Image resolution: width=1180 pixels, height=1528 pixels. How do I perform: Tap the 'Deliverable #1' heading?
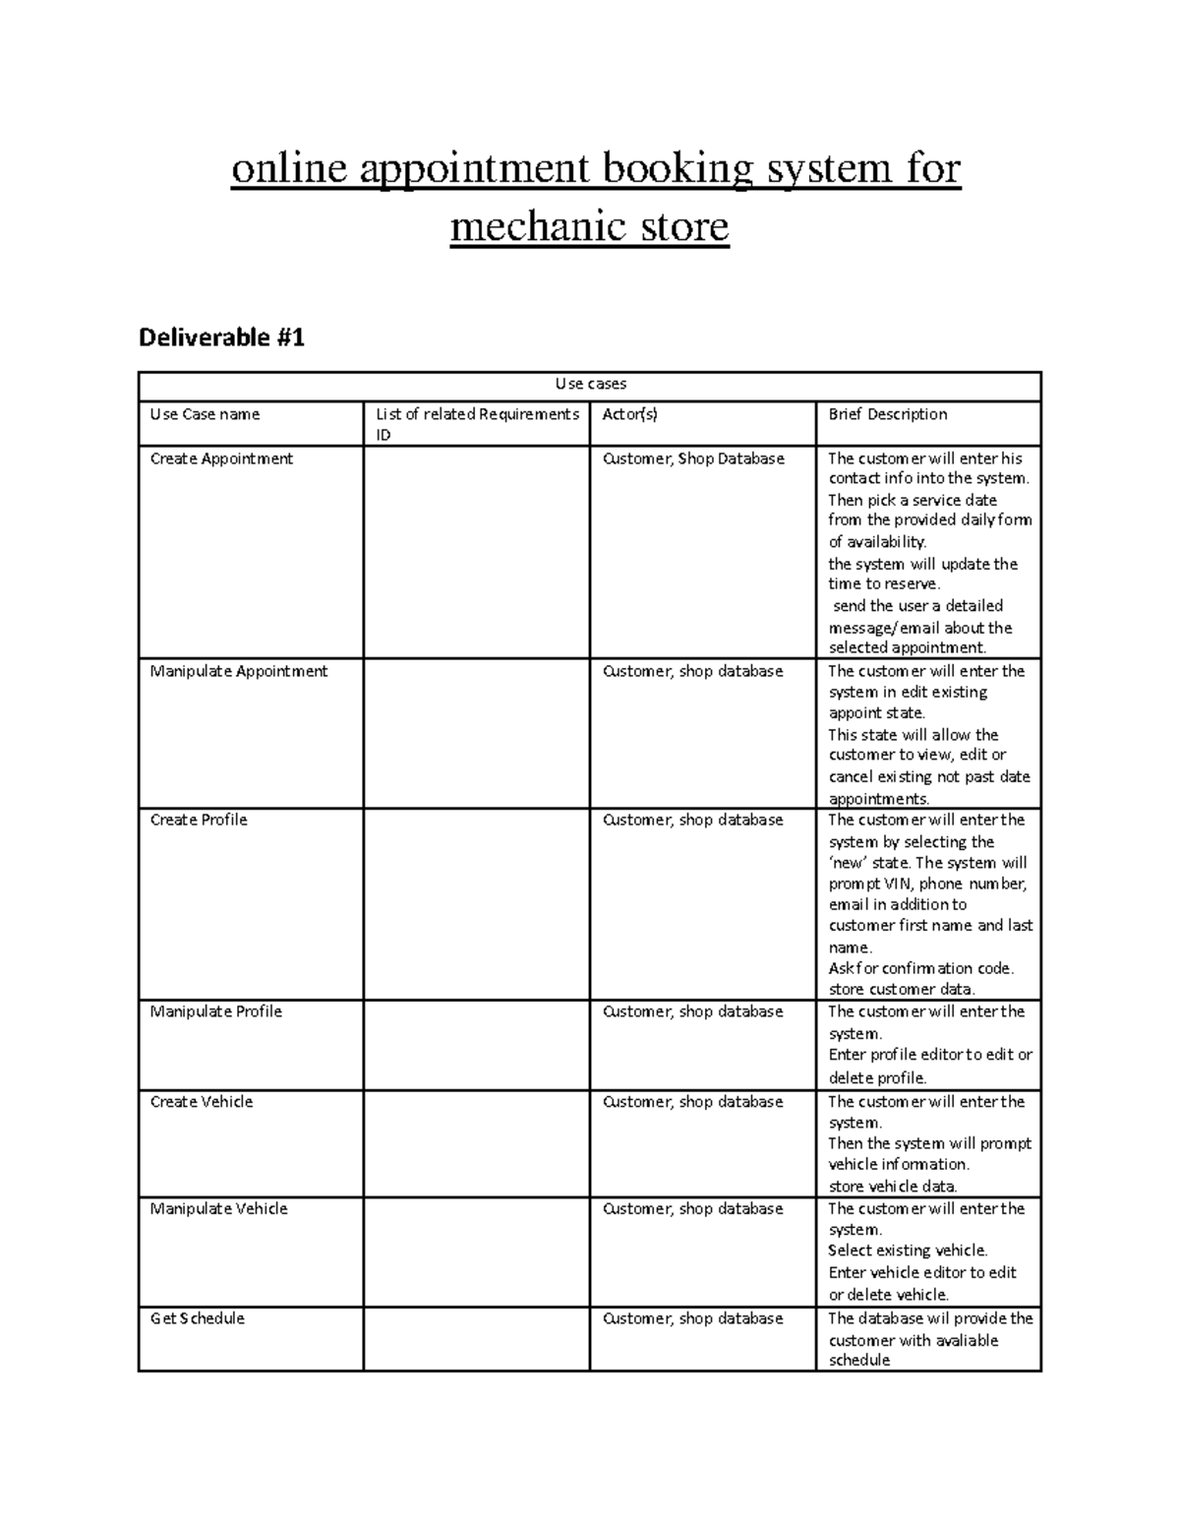(221, 338)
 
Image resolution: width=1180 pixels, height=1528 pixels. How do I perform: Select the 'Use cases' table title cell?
(590, 384)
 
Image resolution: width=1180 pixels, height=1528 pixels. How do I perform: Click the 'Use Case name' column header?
(205, 414)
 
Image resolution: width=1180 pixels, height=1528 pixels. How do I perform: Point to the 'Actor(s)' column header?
(629, 414)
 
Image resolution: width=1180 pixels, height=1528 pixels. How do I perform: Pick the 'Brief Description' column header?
(887, 414)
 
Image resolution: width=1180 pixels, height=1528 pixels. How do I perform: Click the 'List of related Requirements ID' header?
(477, 424)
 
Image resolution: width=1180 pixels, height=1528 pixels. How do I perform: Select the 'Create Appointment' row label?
(221, 458)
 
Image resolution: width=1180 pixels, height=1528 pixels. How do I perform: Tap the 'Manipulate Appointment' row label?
(239, 671)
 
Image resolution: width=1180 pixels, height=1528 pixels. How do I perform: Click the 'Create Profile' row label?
(199, 820)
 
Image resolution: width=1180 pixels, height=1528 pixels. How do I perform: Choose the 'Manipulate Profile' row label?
(215, 1011)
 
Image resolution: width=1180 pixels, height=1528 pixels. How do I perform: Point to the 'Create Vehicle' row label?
(202, 1102)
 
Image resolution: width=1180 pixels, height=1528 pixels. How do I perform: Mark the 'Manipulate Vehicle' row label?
(218, 1208)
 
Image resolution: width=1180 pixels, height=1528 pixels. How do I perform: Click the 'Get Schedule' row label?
(198, 1318)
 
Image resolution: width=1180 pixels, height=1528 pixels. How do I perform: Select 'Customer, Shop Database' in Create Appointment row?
(693, 458)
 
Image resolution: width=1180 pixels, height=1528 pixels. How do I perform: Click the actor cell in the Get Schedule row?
(692, 1318)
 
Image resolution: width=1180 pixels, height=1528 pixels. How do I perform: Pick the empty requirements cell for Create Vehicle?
(477, 1143)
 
